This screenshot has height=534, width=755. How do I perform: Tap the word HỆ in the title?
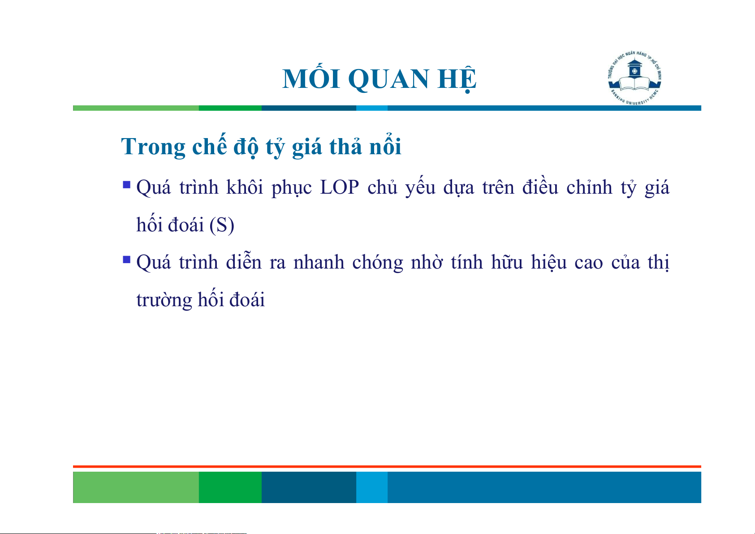[457, 79]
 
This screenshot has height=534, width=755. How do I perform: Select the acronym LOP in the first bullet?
[339, 187]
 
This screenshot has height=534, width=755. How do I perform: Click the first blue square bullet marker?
[127, 185]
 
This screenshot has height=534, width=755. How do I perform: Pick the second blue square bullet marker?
[127, 260]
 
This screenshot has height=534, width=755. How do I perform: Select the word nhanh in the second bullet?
[319, 262]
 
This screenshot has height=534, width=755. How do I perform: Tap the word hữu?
[507, 261]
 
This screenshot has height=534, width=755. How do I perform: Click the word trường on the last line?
[164, 300]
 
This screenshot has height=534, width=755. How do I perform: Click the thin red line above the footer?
[387, 467]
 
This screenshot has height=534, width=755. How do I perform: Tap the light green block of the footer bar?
[136, 487]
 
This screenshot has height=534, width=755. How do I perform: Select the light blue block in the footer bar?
[372, 487]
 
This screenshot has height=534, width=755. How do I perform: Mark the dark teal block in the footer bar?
[309, 487]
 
